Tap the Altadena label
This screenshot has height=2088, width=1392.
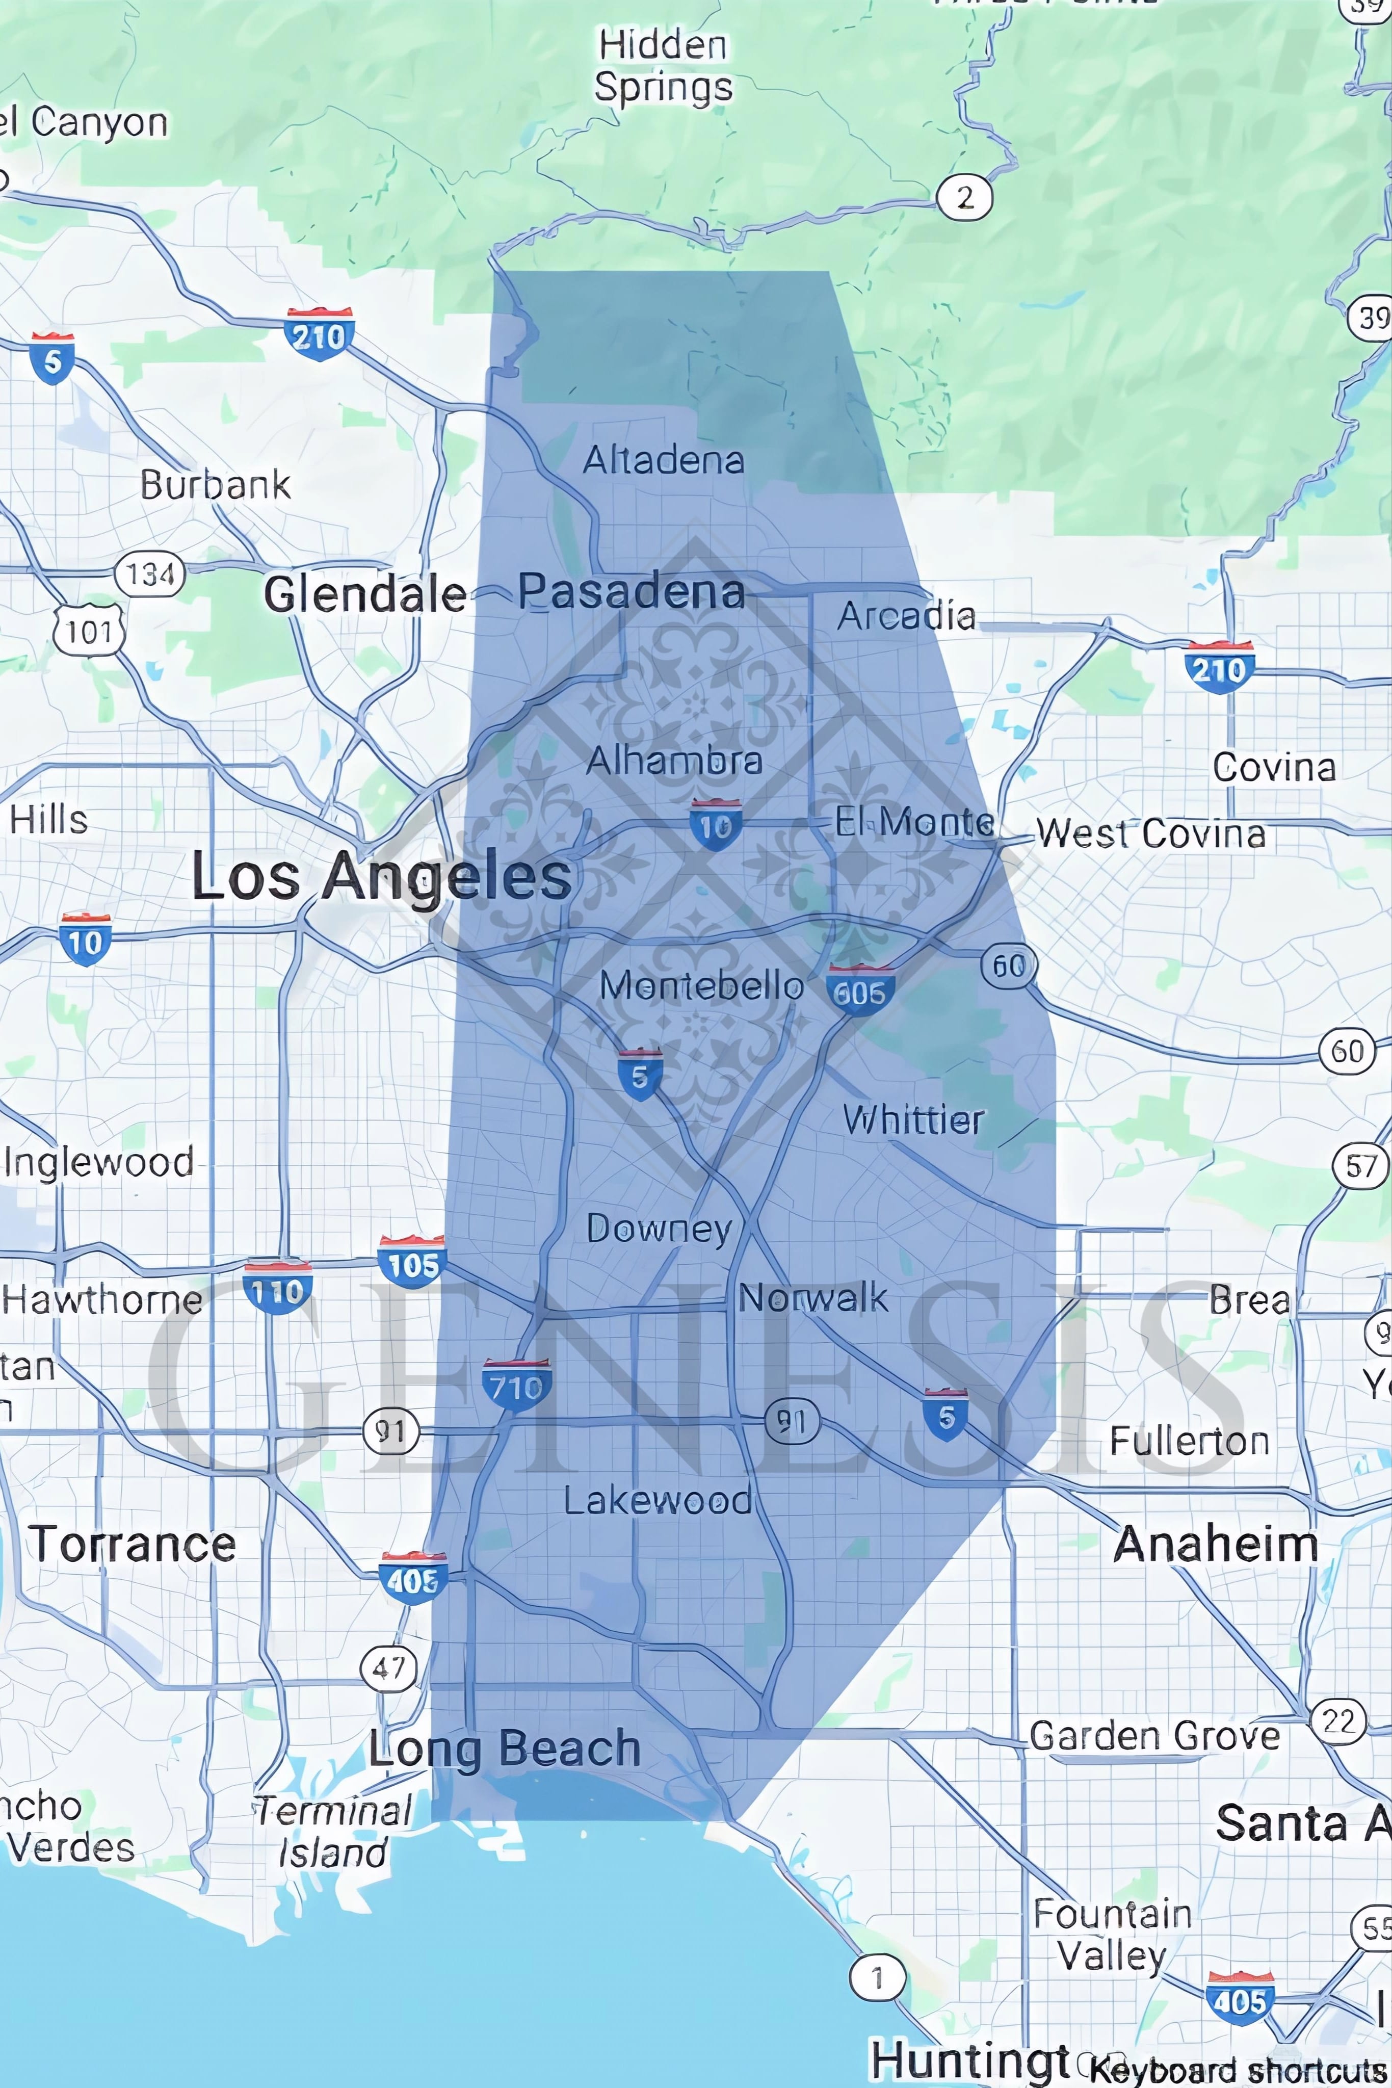(663, 460)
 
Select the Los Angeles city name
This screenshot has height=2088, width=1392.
(382, 877)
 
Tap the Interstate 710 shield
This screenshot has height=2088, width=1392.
(517, 1386)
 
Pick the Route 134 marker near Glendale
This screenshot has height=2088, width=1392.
(149, 575)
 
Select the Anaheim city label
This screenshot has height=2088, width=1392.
(1215, 1545)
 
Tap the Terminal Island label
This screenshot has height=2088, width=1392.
(333, 1832)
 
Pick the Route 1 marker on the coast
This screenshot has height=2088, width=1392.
(877, 1977)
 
